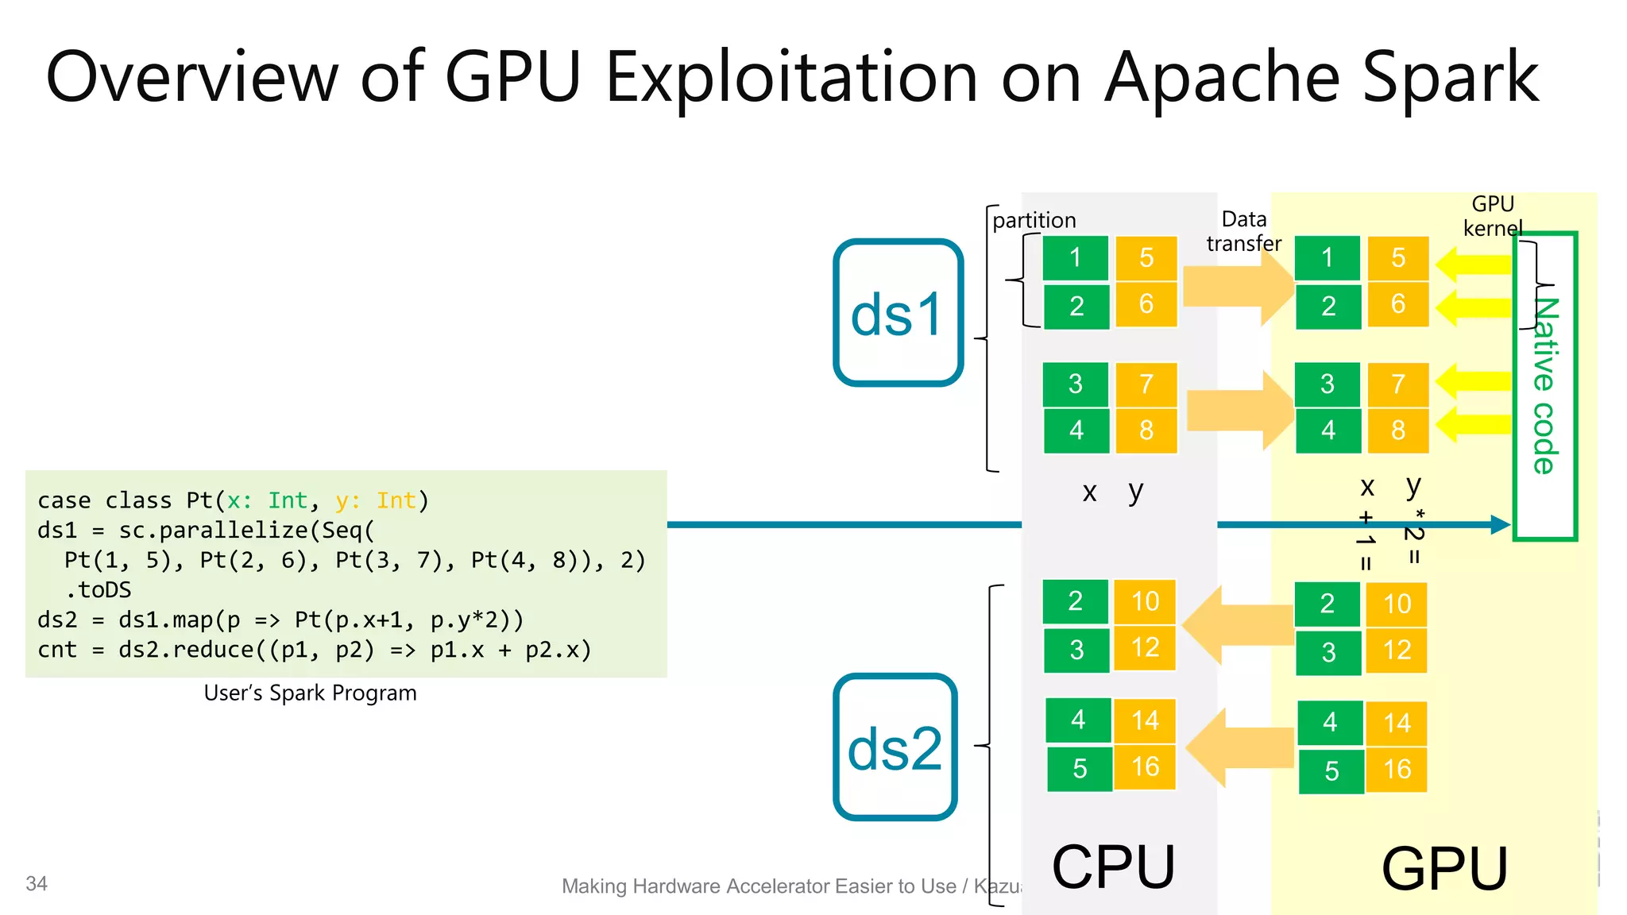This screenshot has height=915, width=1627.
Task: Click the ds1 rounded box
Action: tap(898, 313)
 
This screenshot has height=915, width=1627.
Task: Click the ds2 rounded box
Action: tap(895, 747)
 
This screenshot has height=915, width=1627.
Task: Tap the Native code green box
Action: tap(1544, 386)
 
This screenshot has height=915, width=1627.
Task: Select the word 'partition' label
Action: tap(1034, 220)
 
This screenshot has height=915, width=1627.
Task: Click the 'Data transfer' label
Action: tap(1243, 231)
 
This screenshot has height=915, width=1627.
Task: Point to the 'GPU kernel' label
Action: tap(1493, 216)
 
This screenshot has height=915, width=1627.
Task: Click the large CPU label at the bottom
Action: tap(1113, 867)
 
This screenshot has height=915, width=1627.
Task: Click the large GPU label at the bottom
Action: tap(1444, 869)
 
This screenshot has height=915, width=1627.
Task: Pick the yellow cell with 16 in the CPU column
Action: tap(1145, 766)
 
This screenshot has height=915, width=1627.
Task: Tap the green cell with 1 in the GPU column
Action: tap(1327, 257)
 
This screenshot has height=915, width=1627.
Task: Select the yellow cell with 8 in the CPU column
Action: tap(1146, 430)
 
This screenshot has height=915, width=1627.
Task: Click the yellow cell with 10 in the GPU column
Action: tap(1397, 604)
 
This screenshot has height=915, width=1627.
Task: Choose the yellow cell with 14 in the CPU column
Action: tap(1145, 720)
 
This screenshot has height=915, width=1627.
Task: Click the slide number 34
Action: tap(37, 883)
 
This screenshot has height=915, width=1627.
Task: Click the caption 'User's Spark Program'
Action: tap(310, 693)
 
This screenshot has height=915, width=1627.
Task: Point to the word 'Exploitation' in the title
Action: tap(791, 78)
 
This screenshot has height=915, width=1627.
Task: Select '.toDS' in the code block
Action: tap(99, 590)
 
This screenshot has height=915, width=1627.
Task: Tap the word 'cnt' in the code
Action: tap(57, 650)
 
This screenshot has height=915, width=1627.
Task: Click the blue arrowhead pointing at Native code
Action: tap(1500, 524)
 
